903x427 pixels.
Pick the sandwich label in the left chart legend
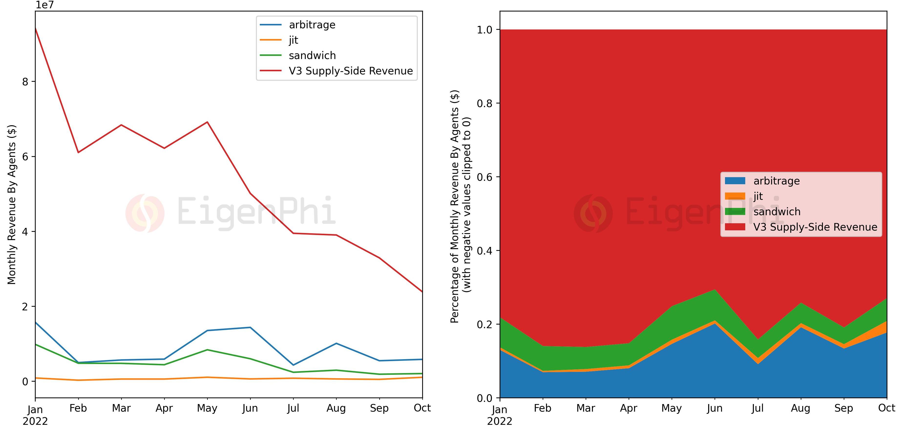click(312, 56)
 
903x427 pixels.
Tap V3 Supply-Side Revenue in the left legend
click(351, 71)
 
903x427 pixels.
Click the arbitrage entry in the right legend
click(777, 181)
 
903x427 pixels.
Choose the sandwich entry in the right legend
click(777, 212)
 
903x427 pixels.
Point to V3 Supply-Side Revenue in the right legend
click(815, 227)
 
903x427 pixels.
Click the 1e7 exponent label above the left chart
click(45, 5)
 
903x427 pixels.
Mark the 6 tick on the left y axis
click(25, 157)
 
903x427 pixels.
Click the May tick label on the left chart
click(207, 408)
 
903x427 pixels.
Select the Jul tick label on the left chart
click(293, 408)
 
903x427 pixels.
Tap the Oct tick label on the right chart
click(887, 408)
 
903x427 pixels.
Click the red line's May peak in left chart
click(207, 122)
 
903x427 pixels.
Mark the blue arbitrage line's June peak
click(250, 327)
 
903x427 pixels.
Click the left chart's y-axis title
click(11, 204)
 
